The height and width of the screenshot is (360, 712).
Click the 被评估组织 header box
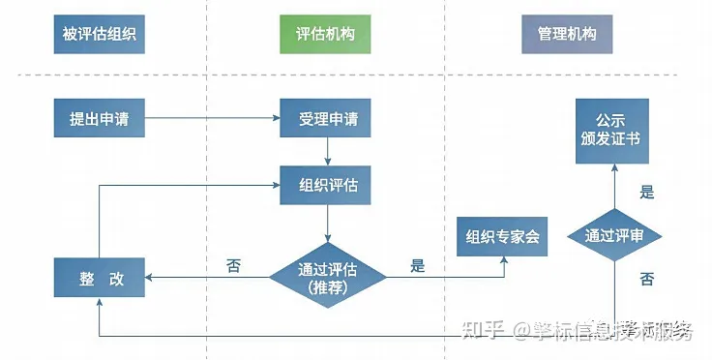pyautogui.click(x=98, y=34)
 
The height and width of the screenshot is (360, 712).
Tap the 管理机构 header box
pyautogui.click(x=567, y=34)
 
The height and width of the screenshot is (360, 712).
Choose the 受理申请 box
pyautogui.click(x=328, y=120)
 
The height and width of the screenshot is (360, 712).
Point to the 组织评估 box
pyautogui.click(x=326, y=185)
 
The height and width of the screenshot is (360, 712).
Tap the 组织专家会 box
pyautogui.click(x=502, y=237)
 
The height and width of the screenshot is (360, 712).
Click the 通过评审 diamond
pyautogui.click(x=615, y=236)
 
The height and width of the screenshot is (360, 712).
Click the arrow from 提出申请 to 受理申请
pyautogui.click(x=213, y=120)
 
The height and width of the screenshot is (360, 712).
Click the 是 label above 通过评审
pyautogui.click(x=646, y=192)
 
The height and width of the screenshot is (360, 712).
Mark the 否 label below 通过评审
pyautogui.click(x=646, y=280)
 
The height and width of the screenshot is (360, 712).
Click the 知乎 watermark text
pyautogui.click(x=481, y=332)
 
